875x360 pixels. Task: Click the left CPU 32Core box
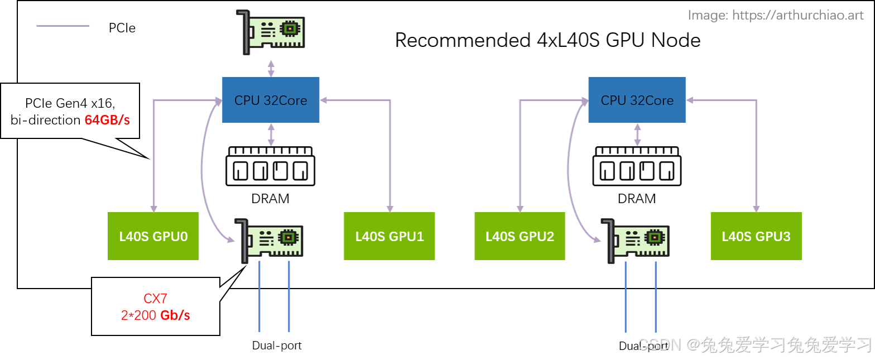[271, 100]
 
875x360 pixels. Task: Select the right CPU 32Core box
[637, 100]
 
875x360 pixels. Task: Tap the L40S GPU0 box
[153, 236]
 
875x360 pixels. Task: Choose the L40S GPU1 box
[390, 236]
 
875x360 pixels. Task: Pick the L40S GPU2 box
[520, 236]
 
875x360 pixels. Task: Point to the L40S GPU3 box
[756, 236]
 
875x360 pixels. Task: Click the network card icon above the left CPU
[272, 32]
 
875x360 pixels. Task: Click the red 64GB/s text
[107, 119]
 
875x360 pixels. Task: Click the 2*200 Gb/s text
[156, 315]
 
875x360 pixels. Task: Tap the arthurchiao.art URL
[797, 15]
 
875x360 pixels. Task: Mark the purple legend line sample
[63, 26]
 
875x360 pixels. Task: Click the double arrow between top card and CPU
[271, 68]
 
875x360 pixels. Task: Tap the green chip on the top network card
[289, 28]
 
